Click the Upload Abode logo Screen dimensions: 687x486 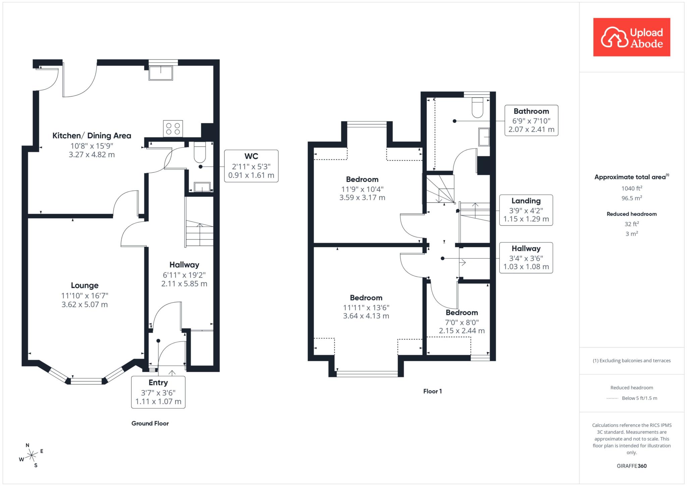[x=632, y=37]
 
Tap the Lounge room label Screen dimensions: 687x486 [x=85, y=285]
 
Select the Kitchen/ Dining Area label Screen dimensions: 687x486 [x=92, y=136]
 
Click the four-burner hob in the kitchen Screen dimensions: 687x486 [x=173, y=128]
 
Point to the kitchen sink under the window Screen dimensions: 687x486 [x=161, y=73]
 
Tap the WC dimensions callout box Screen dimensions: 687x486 [x=251, y=166]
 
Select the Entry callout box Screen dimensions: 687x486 [x=158, y=392]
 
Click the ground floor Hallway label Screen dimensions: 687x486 [x=184, y=265]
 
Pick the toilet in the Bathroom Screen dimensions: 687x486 [x=477, y=107]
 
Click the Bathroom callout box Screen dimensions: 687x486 [x=531, y=120]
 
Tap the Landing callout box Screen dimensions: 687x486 [x=526, y=210]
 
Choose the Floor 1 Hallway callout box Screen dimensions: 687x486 [x=526, y=258]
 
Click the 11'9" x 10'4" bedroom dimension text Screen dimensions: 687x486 [x=362, y=189]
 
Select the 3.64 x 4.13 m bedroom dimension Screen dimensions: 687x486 [x=366, y=316]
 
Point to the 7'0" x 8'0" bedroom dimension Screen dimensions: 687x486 [x=462, y=322]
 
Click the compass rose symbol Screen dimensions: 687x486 [x=31, y=455]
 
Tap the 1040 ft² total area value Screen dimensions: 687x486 [x=632, y=188]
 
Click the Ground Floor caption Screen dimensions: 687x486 [x=150, y=423]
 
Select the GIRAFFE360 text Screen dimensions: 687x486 [x=632, y=466]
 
